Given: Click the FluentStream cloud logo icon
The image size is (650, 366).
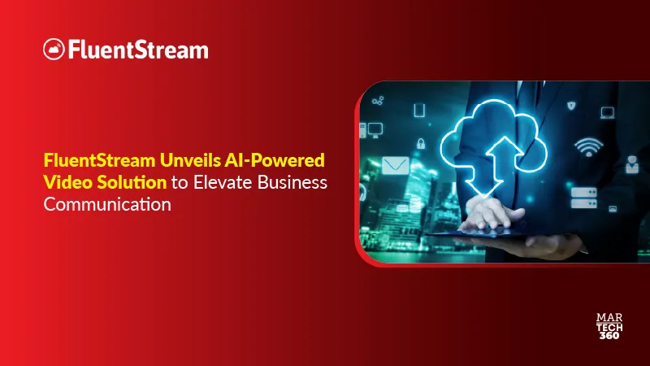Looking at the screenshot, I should [54, 50].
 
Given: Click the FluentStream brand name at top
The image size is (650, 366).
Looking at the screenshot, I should [137, 50].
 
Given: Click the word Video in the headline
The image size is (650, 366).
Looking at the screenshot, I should [63, 181].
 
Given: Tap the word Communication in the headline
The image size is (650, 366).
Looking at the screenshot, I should [107, 204].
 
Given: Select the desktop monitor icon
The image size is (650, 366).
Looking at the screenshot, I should [375, 129].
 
